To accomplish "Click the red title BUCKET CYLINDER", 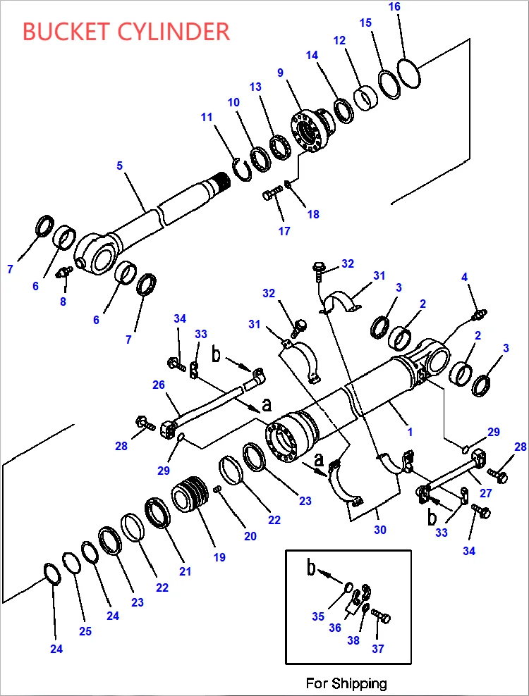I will pyautogui.click(x=126, y=32).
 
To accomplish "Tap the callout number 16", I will pyautogui.click(x=394, y=7).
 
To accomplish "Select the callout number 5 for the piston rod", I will pyautogui.click(x=120, y=166).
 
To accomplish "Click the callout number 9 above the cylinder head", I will pyautogui.click(x=280, y=73).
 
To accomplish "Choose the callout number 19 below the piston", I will pyautogui.click(x=219, y=557).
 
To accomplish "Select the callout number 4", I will pyautogui.click(x=465, y=277).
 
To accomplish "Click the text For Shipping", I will pyautogui.click(x=346, y=683).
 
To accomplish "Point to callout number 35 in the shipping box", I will pyautogui.click(x=318, y=617).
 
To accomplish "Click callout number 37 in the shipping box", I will pyautogui.click(x=378, y=649).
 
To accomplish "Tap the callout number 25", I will pyautogui.click(x=85, y=631).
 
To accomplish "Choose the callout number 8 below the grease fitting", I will pyautogui.click(x=63, y=302).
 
